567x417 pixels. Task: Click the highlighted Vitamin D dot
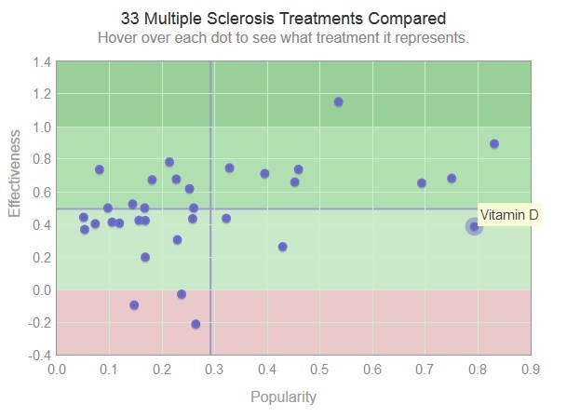474,226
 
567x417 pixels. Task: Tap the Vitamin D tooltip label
509,215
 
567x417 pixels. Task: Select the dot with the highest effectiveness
338,101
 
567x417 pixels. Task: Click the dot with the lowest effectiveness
196,324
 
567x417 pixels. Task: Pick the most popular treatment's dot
494,143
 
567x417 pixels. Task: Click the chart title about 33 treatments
283,19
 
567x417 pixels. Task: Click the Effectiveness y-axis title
16,174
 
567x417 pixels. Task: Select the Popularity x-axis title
283,397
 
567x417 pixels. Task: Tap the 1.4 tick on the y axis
41,61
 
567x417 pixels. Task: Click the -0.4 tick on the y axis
39,356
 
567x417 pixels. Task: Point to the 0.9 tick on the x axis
531,370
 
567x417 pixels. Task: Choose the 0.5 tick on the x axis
320,370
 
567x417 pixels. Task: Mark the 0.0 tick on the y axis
41,290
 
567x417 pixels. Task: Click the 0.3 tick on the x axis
214,370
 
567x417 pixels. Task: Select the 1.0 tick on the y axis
41,127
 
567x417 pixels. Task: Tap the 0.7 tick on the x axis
425,370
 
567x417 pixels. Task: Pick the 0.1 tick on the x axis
109,370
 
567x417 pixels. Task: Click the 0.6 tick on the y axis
41,193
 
